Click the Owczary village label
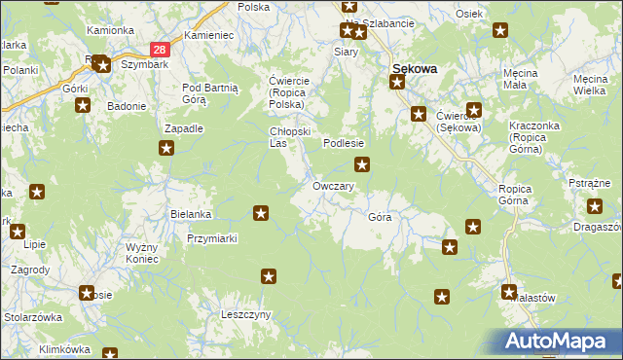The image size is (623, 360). point(333,186)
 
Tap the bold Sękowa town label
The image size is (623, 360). point(414,68)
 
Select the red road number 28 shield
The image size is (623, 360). point(162,48)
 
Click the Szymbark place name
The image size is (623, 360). point(140,59)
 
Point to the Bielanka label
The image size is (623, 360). point(190,213)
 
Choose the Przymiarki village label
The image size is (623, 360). point(212,237)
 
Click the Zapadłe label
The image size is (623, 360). point(183,127)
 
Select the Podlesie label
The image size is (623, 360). point(344,143)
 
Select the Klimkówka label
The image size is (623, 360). point(64,348)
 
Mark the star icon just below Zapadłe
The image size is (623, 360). point(166,148)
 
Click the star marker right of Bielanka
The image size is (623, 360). point(261,213)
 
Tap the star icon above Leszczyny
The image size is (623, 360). point(268,277)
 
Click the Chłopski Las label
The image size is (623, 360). point(288,137)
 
